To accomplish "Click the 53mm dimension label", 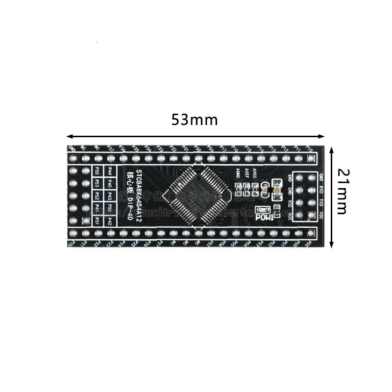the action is (x=194, y=120).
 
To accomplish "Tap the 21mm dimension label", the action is (x=342, y=192).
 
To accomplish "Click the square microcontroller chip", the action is (x=196, y=192).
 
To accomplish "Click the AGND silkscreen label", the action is (x=238, y=172).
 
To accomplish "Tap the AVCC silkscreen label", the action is (x=255, y=172).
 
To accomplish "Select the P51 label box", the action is (x=97, y=221).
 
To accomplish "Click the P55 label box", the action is (x=97, y=171).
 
